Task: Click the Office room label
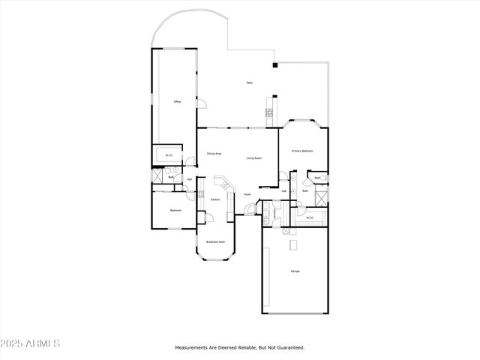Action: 177,101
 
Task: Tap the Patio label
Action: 249,82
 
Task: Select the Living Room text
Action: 254,158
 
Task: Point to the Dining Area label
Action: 214,154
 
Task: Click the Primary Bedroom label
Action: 302,151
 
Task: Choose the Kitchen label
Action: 214,199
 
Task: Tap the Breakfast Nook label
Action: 216,242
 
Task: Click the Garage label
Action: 295,271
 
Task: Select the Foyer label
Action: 247,194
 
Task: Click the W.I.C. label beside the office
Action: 169,156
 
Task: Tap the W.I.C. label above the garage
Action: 309,219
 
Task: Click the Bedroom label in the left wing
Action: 175,211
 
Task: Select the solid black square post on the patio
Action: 275,65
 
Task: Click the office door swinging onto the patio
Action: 200,104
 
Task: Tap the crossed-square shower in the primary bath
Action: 321,198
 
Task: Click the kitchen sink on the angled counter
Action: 221,184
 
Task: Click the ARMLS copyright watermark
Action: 31,343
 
